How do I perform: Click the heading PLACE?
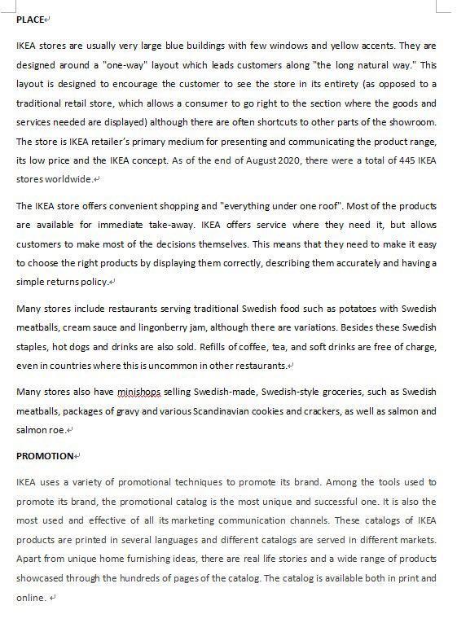pos(29,20)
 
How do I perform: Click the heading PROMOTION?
pos(45,456)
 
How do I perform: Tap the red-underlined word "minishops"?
pos(138,392)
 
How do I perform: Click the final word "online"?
pos(31,597)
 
